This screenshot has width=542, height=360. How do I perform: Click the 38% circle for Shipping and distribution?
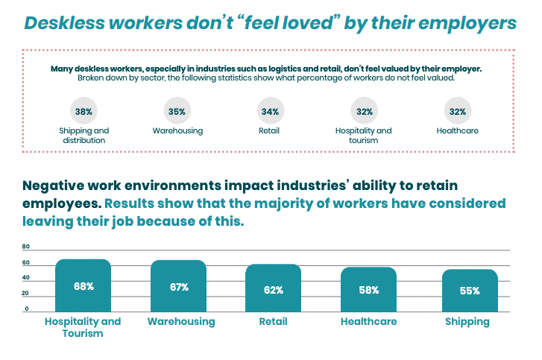[83, 112]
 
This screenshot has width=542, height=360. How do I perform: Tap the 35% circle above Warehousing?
[177, 112]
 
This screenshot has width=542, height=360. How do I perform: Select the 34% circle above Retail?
[271, 112]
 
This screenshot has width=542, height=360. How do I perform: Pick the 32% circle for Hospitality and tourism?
[365, 112]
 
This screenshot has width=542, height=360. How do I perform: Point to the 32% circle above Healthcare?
[458, 112]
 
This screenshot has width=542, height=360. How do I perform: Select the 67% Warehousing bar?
[179, 286]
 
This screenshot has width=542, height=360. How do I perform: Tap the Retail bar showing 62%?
[274, 288]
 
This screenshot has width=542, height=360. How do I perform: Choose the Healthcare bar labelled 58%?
[368, 290]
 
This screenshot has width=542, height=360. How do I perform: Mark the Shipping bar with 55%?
[469, 291]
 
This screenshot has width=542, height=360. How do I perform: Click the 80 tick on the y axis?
[26, 247]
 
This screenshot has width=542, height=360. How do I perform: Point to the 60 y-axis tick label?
[26, 263]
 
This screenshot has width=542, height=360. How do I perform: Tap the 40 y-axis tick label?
[26, 278]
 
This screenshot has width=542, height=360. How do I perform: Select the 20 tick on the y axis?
[26, 294]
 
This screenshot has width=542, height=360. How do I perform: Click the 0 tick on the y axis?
[26, 309]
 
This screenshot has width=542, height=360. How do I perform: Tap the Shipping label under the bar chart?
[467, 322]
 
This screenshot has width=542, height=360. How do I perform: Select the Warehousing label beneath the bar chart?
[181, 322]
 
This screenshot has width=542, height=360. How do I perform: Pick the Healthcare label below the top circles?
[457, 130]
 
